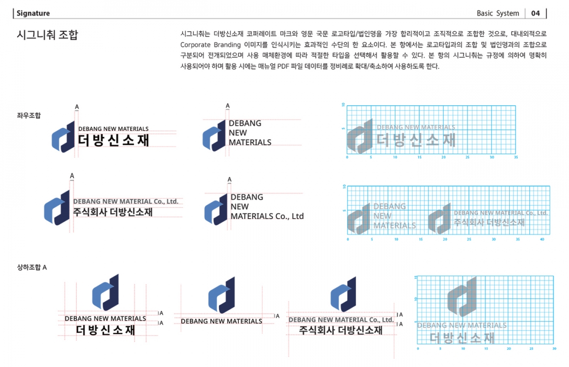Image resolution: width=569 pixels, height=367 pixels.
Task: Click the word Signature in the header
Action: tap(33, 13)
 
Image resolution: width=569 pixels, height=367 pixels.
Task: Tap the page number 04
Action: tap(535, 13)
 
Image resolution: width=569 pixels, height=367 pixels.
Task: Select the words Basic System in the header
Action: tap(498, 13)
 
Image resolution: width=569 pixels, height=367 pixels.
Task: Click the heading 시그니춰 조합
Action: tap(47, 35)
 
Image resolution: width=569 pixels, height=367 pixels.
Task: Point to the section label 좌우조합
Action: tap(29, 116)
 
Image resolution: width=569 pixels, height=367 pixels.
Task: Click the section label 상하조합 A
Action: tap(32, 267)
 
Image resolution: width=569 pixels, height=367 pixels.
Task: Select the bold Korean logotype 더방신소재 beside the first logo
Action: tap(113, 140)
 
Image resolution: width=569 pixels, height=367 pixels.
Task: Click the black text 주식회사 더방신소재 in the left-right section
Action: tap(113, 212)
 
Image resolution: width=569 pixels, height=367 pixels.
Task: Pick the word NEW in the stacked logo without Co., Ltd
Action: tap(238, 133)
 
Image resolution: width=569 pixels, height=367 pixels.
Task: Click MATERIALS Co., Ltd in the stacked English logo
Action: tap(267, 216)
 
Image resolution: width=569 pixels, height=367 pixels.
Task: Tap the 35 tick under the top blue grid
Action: tap(516, 157)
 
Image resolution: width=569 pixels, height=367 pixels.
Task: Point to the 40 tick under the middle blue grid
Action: tap(542, 239)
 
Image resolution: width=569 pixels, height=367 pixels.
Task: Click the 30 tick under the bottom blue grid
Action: tap(554, 349)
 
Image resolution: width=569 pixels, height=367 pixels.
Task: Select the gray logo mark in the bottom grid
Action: tap(462, 297)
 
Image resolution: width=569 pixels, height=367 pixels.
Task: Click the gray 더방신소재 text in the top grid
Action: tap(416, 140)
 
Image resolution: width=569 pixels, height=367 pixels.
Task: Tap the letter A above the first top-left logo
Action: tap(77, 107)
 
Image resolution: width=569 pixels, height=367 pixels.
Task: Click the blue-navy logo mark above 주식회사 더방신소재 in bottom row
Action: tap(343, 294)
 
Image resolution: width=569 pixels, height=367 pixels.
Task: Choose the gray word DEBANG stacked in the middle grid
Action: tap(389, 206)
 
